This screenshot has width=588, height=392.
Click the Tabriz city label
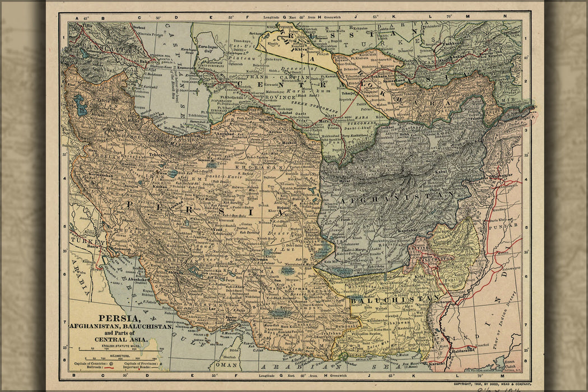104,101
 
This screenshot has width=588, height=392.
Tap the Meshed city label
289,142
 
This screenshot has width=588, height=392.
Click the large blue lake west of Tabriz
82,105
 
